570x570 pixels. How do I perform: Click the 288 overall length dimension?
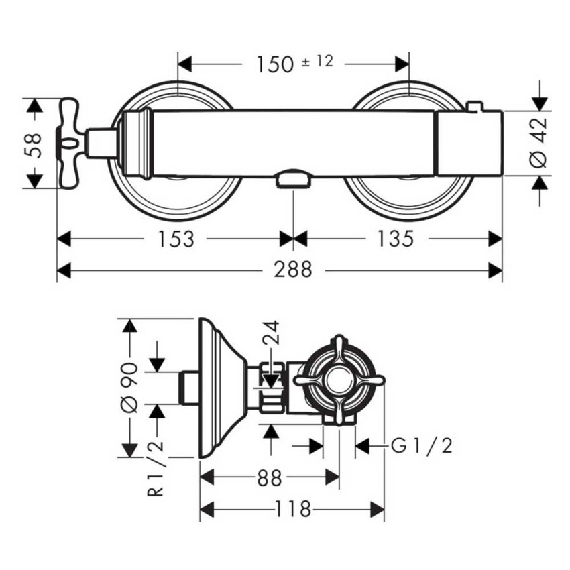pos(293,270)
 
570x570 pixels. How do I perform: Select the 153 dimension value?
pos(176,239)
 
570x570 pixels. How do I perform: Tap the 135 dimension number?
pos(396,239)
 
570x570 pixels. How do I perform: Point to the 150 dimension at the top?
pos(275,64)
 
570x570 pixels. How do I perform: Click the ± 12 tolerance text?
pos(317,62)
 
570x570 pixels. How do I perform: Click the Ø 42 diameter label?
pos(538,143)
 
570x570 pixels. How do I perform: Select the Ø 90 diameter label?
pos(129,388)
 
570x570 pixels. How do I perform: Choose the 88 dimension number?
pos(270,478)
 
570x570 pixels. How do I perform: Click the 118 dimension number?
pos(293,509)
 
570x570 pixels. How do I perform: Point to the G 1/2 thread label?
pos(422,445)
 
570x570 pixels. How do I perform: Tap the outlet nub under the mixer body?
pos(293,179)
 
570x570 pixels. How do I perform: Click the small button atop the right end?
pos(474,106)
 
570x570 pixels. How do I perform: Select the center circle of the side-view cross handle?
pos(339,380)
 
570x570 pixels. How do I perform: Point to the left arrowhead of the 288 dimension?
pos(64,270)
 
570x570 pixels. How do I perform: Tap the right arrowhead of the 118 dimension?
pos(378,509)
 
